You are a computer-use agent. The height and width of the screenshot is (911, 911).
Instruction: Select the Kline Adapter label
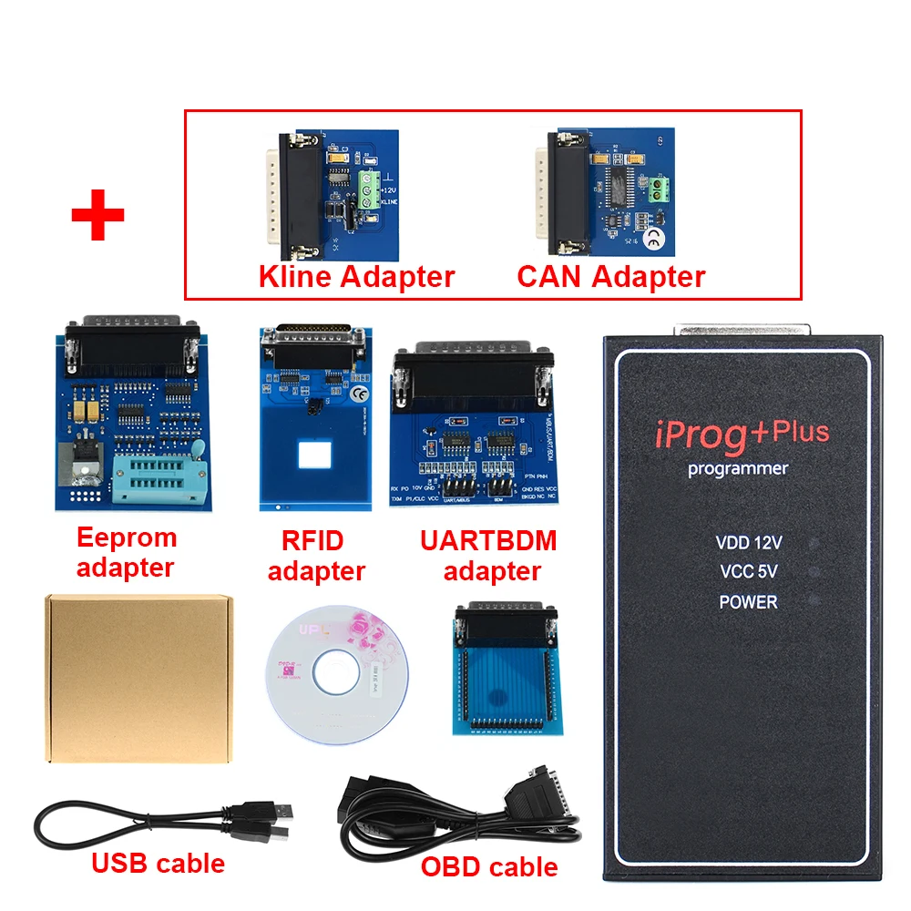(x=357, y=276)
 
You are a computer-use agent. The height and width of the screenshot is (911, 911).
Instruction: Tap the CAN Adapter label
(x=611, y=276)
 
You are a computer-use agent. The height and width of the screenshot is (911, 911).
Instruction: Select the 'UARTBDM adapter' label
(x=488, y=556)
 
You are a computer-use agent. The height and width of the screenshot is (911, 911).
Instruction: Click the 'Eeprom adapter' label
(x=126, y=552)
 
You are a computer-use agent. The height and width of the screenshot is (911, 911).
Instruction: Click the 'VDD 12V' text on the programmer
(x=749, y=543)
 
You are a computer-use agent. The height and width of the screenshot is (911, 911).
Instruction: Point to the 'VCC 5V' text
(x=748, y=572)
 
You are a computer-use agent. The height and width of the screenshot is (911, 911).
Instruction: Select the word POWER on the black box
(x=748, y=602)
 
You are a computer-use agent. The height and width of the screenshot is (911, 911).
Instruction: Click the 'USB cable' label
(x=158, y=862)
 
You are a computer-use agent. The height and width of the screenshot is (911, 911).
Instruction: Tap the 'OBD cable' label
(x=489, y=866)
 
